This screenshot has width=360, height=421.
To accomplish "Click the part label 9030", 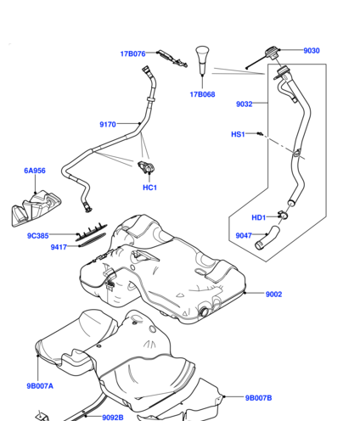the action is [x=312, y=51].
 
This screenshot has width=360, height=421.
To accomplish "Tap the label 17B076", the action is [x=132, y=53].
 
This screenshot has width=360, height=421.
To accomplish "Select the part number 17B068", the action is [x=202, y=94].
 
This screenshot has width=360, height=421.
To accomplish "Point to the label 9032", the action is [x=245, y=104].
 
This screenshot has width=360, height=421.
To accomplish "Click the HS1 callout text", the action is [x=238, y=134].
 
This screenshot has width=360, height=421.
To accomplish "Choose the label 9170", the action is [x=108, y=125].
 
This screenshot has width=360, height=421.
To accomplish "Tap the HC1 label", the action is [x=149, y=188].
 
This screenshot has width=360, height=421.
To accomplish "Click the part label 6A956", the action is [x=35, y=171].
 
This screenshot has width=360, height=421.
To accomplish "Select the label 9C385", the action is [x=38, y=236].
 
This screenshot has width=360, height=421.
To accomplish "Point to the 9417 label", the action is [x=59, y=247].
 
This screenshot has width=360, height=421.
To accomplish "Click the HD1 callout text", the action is [x=259, y=217].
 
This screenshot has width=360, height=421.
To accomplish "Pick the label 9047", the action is [x=244, y=235].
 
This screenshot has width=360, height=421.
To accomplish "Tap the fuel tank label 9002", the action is [x=273, y=295].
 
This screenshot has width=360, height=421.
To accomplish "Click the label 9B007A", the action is [x=40, y=386].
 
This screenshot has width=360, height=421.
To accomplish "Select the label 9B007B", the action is [x=258, y=398].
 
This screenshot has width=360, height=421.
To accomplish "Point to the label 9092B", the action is [x=113, y=418].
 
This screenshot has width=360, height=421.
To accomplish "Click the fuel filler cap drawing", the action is [x=272, y=53].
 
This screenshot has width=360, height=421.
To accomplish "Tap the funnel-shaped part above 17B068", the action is [x=202, y=60].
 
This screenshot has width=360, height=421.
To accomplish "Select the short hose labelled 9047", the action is [x=267, y=239].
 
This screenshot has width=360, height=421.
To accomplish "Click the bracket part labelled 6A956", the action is [x=37, y=208].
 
